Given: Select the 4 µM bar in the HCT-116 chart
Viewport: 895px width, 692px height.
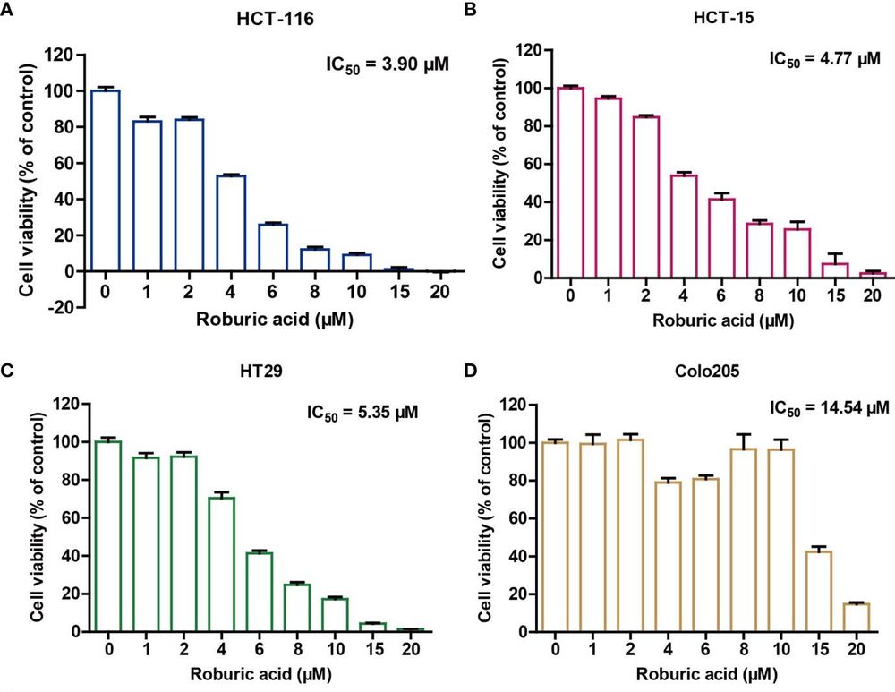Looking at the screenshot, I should click(x=231, y=223).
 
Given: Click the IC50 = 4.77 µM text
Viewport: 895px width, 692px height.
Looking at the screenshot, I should click(x=826, y=60).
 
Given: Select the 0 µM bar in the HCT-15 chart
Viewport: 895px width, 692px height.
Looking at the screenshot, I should click(x=569, y=183).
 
